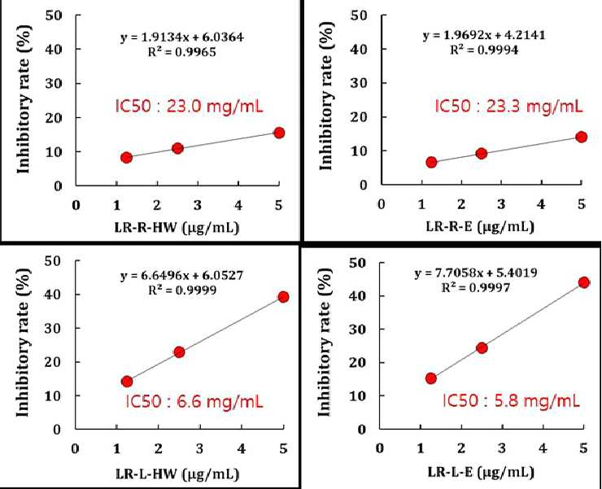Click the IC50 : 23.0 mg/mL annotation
tap(189, 106)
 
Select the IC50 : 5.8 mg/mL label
tap(511, 400)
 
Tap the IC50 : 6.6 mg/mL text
tap(194, 402)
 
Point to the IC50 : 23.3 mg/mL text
tap(508, 106)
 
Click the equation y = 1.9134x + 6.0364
tap(182, 37)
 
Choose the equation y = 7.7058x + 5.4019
tap(476, 273)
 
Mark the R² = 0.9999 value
tap(182, 290)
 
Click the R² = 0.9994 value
tap(484, 50)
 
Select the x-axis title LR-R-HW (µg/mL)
tap(177, 227)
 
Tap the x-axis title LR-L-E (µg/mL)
tap(481, 472)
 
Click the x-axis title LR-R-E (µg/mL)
tap(480, 227)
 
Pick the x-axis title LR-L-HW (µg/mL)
tap(177, 474)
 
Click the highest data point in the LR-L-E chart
tap(583, 282)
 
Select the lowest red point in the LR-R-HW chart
tap(126, 158)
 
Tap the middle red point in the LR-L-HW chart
tap(179, 351)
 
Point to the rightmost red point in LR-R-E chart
tap(582, 137)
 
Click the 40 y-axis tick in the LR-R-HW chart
tap(54, 49)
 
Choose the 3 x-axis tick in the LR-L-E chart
tap(501, 448)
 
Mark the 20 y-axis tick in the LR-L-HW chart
tap(53, 362)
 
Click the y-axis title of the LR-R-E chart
tap(325, 96)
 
